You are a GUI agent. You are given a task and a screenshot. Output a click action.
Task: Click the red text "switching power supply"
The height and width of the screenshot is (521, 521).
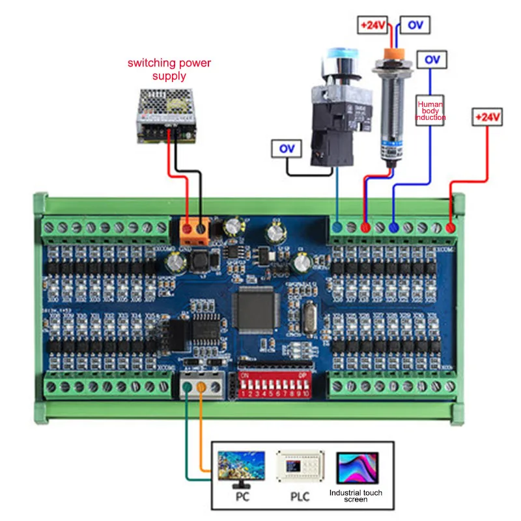(169, 70)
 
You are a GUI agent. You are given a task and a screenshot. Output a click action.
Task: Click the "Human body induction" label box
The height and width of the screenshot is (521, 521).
(430, 109)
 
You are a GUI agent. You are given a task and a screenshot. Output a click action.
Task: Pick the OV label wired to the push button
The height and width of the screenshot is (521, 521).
(287, 149)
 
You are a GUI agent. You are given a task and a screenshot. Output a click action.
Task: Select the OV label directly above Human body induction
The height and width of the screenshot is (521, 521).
(432, 59)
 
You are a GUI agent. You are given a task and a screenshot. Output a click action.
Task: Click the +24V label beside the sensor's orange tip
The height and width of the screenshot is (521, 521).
(372, 25)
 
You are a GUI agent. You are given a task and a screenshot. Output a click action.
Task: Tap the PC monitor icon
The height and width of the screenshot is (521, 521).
(241, 468)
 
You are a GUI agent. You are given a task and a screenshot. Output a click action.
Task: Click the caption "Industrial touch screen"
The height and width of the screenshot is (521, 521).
(356, 496)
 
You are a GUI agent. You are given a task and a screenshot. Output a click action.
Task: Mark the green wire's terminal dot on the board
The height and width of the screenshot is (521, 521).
(188, 388)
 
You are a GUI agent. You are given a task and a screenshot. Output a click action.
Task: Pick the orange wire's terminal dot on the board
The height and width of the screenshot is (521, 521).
(202, 388)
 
